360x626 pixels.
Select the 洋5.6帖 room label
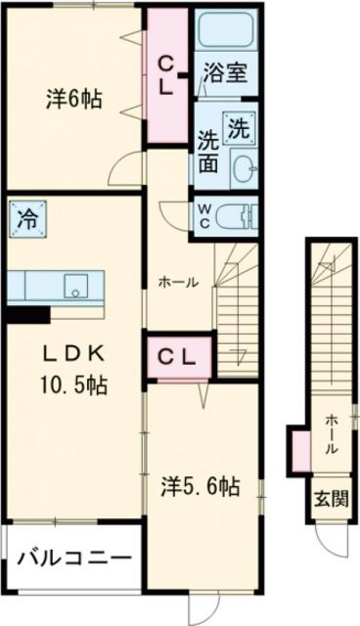[x=201, y=485]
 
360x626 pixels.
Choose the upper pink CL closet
[x=168, y=74]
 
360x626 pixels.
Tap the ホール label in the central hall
[x=179, y=282]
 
